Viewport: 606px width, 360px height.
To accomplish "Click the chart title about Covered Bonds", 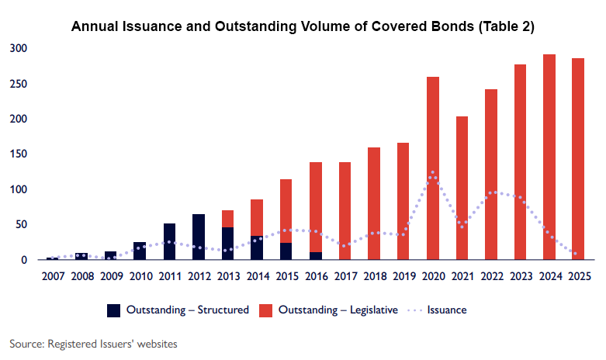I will (x=303, y=26).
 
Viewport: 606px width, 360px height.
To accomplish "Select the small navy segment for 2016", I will (x=316, y=255).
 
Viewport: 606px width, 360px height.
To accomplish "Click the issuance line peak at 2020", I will (x=433, y=173).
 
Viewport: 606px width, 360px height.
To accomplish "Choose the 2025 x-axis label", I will (x=578, y=275).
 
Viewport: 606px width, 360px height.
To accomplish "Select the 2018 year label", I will (x=374, y=275).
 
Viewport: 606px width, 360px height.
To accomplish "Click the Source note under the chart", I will (x=94, y=342).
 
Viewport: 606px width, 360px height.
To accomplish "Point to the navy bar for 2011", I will (x=169, y=241).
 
